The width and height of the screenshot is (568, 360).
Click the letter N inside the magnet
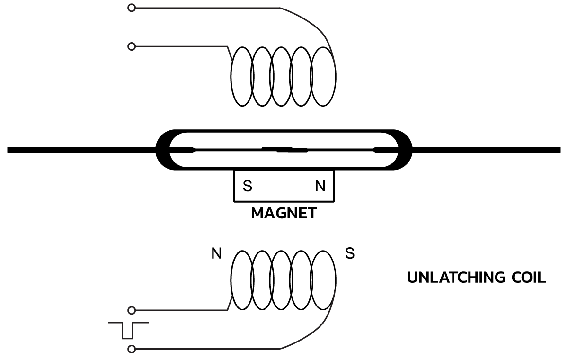(x=320, y=187)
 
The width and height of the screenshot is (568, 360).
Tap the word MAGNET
(x=284, y=213)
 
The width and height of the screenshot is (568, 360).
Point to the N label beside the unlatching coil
(x=216, y=254)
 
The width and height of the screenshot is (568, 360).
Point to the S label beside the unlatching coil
(x=349, y=254)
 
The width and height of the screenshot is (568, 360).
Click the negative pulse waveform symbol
(x=128, y=330)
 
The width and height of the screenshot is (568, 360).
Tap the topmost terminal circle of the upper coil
(x=132, y=8)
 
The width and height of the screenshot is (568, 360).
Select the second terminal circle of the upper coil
(x=132, y=46)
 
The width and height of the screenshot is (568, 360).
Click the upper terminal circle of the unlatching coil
(x=132, y=310)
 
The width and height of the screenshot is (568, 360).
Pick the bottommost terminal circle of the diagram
(x=132, y=350)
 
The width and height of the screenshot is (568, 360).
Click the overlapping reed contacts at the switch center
(x=284, y=150)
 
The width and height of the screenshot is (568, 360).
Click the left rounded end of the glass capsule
(x=163, y=150)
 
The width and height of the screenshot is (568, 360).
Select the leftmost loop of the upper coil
(x=242, y=76)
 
